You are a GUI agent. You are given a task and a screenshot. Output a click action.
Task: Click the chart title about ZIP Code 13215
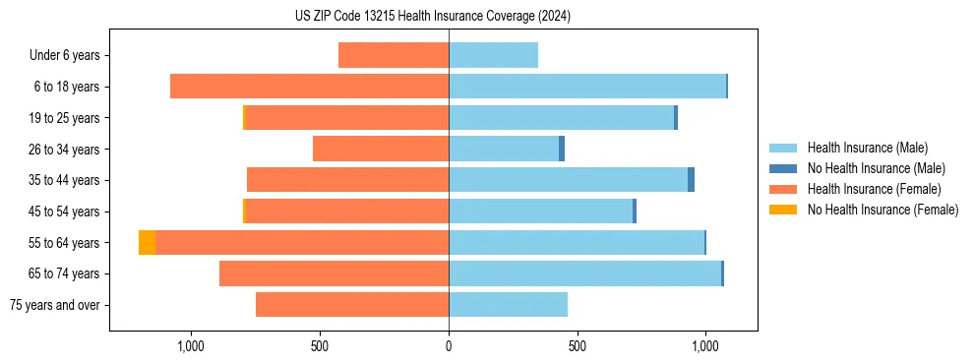(x=432, y=16)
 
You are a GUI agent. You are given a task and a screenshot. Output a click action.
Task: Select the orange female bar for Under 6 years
(x=394, y=55)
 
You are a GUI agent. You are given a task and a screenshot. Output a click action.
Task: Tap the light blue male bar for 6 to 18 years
(x=587, y=87)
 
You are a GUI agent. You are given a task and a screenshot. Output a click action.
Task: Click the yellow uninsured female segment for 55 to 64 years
(x=147, y=242)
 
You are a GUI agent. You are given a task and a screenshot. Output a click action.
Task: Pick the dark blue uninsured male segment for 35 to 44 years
(x=691, y=180)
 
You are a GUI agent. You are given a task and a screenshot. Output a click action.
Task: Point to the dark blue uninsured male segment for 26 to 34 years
(x=562, y=149)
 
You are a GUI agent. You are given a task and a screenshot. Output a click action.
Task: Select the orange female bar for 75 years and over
(x=352, y=305)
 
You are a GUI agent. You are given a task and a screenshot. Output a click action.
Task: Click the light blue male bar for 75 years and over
(x=508, y=305)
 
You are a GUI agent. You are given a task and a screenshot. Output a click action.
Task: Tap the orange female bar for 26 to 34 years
(x=381, y=149)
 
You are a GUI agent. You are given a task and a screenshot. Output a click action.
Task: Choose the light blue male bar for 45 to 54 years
(x=540, y=212)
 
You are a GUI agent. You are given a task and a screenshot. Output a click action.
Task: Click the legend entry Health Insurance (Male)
(x=867, y=148)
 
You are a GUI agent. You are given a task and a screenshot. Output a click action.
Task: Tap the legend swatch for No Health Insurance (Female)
(x=784, y=210)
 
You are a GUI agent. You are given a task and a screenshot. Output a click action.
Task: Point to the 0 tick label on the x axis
(x=449, y=346)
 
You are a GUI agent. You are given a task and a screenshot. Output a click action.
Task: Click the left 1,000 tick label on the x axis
(x=190, y=346)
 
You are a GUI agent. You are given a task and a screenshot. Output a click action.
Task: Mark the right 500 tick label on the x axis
(x=578, y=346)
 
